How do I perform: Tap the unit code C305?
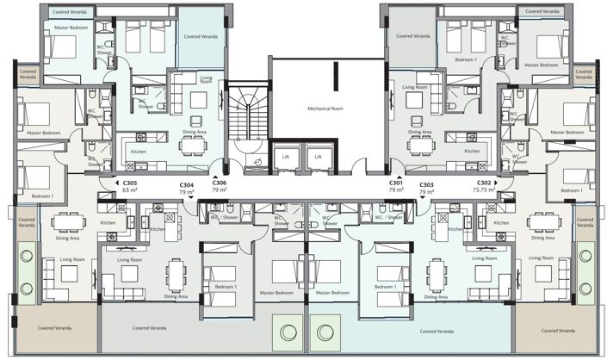pos(130,183)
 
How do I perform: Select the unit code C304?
pos(187,185)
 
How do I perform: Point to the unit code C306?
pos(220,183)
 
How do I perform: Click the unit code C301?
pos(396,183)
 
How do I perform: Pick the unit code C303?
pos(426,185)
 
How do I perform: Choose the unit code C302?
pos(484,183)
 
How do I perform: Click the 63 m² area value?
pos(130,190)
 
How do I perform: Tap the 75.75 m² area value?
pos(484,190)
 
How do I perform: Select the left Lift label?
pos(285,157)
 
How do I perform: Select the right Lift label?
pos(318,157)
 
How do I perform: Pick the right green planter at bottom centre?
pos(323,330)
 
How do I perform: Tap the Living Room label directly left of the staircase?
pos(206,80)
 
